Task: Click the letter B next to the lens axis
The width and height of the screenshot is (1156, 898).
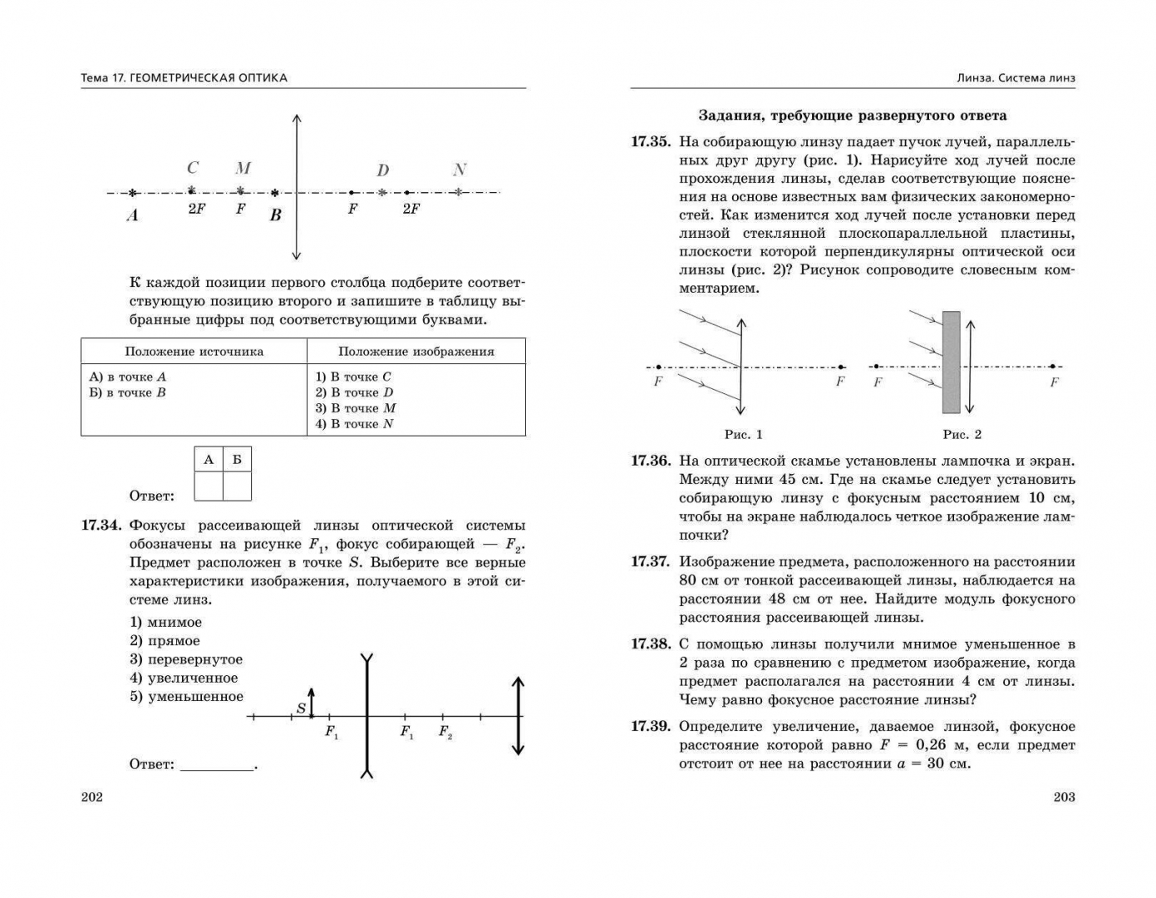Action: (276, 215)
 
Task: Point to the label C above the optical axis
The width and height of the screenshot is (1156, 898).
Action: (193, 168)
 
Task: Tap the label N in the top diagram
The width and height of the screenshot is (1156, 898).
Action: (460, 170)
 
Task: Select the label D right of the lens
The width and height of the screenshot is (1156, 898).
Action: (382, 171)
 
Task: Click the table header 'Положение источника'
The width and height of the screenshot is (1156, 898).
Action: (194, 352)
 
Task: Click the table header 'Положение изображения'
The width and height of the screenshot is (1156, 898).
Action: (416, 352)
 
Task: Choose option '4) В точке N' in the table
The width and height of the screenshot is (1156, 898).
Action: (354, 424)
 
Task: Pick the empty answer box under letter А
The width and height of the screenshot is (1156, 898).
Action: (209, 486)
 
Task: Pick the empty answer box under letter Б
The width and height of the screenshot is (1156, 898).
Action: (237, 486)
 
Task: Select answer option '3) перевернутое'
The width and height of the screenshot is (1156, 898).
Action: (186, 659)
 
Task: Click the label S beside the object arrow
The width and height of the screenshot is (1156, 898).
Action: (301, 709)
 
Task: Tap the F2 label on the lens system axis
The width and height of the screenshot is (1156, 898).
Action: (445, 733)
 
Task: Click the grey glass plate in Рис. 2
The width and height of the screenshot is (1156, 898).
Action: (951, 363)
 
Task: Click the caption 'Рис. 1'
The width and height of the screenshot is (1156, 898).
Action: (743, 434)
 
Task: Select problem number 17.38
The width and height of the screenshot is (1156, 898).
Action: (650, 644)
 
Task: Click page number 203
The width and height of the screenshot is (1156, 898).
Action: (1064, 797)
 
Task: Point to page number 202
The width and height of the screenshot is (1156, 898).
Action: (92, 797)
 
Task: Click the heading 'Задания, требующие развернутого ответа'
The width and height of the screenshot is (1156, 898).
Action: (852, 116)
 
